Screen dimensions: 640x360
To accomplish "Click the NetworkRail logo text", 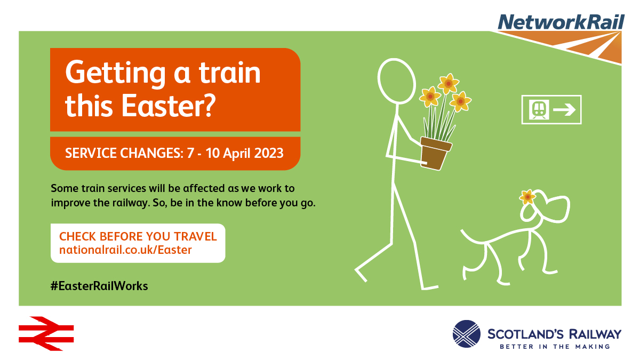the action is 561,22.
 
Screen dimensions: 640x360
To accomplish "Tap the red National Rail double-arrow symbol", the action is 46,333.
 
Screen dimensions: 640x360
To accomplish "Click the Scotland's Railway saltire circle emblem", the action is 466,334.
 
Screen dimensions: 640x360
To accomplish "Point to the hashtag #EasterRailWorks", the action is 99,286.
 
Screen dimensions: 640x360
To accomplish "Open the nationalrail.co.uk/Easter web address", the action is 125,250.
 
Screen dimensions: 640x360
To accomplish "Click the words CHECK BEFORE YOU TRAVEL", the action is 138,237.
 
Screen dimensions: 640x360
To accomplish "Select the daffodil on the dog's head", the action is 527,197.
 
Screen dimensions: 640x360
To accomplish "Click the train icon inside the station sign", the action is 539,109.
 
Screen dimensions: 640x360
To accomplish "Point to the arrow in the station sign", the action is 564,109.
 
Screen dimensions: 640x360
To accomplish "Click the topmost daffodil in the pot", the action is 448,83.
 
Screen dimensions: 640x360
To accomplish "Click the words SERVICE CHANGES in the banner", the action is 124,153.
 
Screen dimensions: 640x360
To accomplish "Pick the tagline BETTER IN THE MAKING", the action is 555,347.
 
